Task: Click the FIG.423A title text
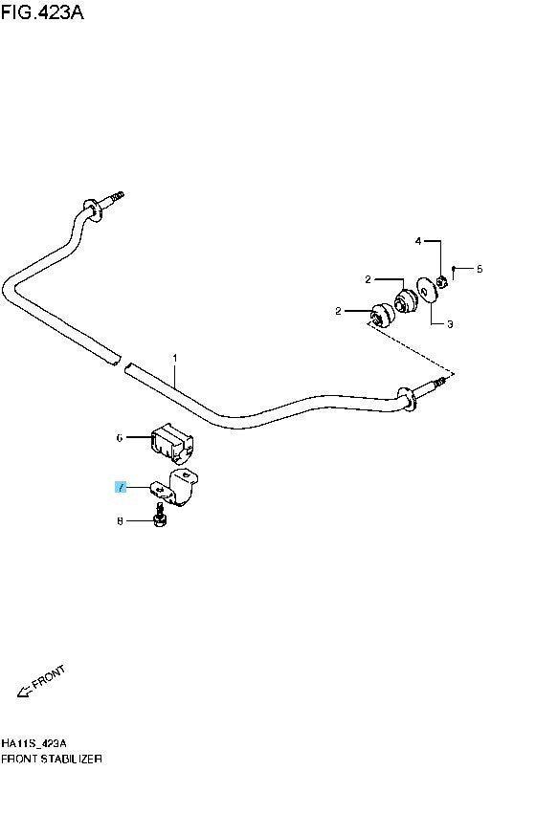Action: coord(42,11)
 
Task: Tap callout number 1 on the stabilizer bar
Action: coord(175,358)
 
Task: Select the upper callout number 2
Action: coord(368,279)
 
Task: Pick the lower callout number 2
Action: coord(339,311)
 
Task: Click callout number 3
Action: coord(450,324)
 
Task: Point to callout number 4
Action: coord(418,241)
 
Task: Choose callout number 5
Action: coord(480,269)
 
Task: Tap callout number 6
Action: coord(120,438)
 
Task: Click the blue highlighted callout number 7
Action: coord(121,488)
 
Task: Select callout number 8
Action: coord(120,520)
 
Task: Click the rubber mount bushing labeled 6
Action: coord(172,442)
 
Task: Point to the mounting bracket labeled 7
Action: coord(176,487)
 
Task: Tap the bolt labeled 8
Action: coord(161,517)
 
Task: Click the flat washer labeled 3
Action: coord(426,290)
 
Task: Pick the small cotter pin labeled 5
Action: coord(454,272)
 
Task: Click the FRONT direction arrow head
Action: coord(22,692)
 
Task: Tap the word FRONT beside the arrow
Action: coord(49,677)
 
